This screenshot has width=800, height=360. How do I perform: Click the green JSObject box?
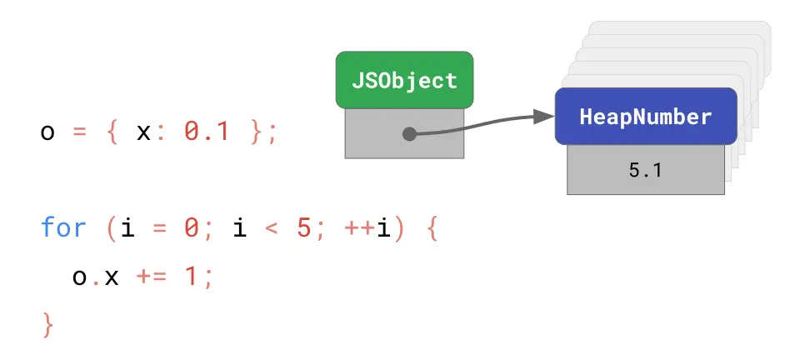point(404,80)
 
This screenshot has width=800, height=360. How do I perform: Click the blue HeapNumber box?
point(646,117)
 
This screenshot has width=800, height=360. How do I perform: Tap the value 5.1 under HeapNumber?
point(645,171)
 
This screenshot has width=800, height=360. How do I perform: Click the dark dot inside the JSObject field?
point(409,133)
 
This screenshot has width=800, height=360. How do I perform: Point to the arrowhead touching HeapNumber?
point(546,117)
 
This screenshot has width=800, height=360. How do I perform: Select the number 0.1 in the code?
point(206,132)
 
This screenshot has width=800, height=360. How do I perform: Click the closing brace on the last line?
point(47,323)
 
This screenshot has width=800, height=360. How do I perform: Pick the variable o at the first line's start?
point(47,132)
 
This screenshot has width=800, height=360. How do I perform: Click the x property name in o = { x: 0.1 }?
point(142,132)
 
